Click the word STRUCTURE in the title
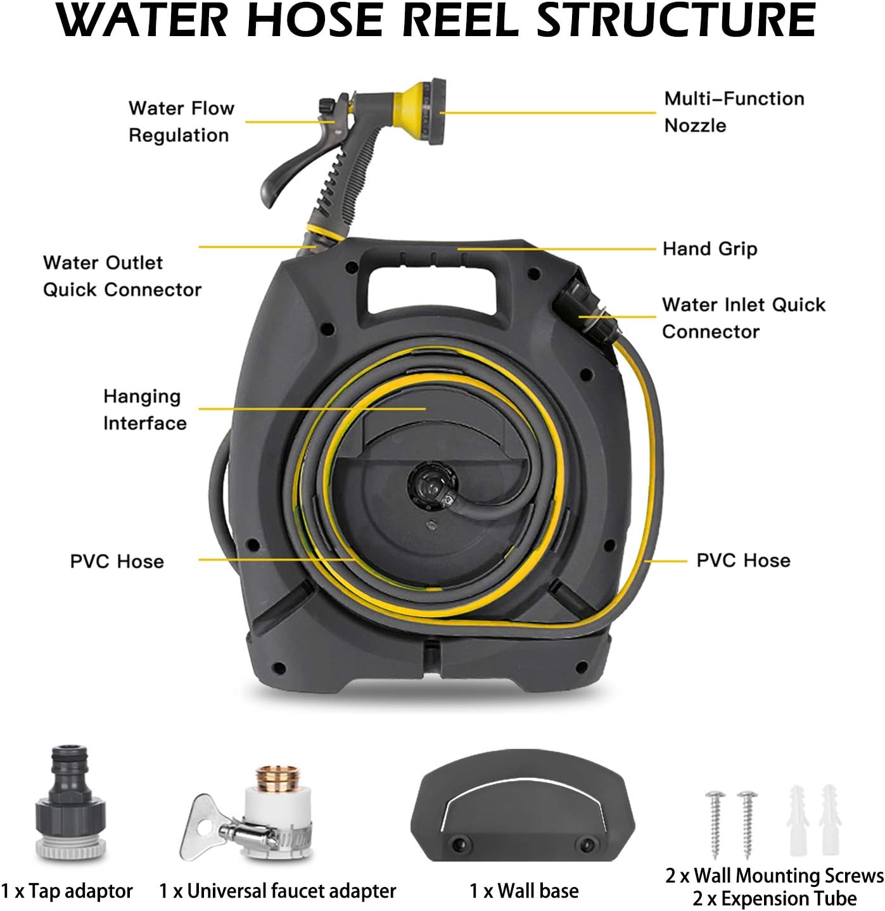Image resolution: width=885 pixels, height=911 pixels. (x=676, y=20)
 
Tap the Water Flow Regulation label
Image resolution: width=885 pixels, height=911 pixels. (x=181, y=122)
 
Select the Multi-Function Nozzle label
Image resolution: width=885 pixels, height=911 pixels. (x=734, y=111)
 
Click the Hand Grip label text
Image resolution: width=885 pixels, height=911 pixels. (x=710, y=249)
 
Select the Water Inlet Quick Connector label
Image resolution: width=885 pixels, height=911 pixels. (x=743, y=318)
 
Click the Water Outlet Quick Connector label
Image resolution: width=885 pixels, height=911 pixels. (x=122, y=276)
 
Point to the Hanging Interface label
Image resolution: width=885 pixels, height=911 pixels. (x=144, y=410)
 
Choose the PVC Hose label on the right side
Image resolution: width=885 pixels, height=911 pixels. (x=743, y=561)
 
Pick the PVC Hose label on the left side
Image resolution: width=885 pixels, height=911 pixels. (x=117, y=562)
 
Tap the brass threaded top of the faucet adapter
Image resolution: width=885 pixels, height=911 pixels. (x=278, y=779)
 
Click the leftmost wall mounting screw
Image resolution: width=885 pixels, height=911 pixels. (x=716, y=824)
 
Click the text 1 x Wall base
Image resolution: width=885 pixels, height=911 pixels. (x=524, y=891)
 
